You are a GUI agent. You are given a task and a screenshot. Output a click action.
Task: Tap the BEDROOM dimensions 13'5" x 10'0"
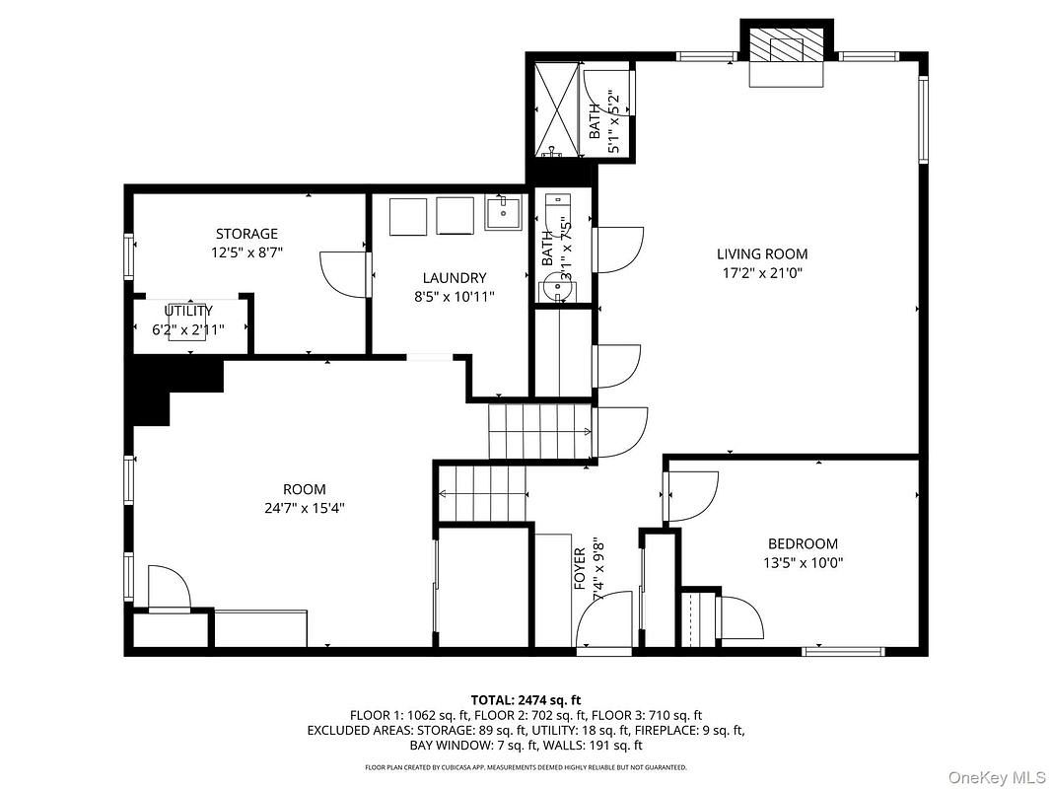[x=803, y=563]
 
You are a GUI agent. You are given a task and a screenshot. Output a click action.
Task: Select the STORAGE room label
[x=246, y=234]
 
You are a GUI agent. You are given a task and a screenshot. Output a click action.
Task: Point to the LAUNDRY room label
[x=454, y=278]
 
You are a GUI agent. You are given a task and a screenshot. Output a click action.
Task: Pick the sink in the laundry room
[x=505, y=212]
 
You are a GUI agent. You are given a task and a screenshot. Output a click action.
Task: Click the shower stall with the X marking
[x=557, y=108]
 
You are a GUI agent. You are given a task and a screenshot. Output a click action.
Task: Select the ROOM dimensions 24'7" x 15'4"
[x=304, y=509]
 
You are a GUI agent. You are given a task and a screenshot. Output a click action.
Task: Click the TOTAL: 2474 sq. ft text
[x=526, y=699]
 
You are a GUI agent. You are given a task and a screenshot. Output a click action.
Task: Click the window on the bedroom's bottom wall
[x=843, y=651]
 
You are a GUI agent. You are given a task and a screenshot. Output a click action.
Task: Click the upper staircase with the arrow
[x=540, y=431]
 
